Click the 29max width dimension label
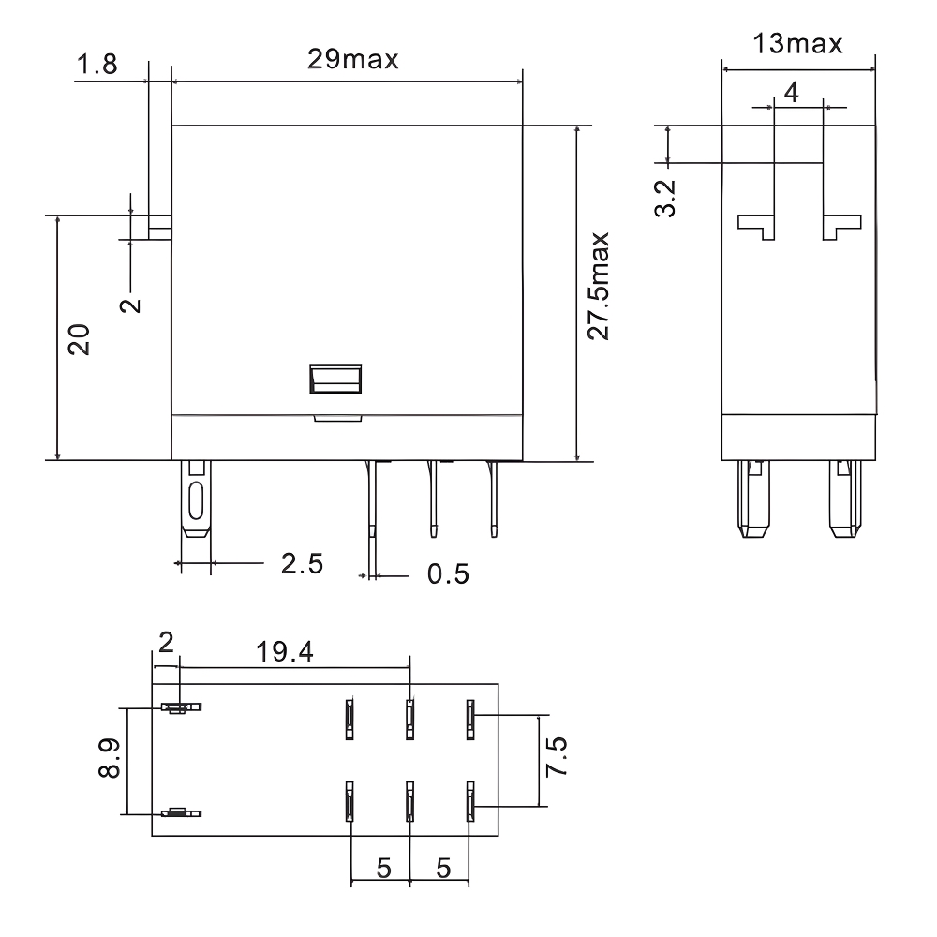[353, 59]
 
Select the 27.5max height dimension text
[601, 287]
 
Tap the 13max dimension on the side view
[798, 43]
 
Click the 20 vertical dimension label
[81, 339]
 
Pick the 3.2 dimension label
[665, 200]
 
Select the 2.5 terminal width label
[302, 563]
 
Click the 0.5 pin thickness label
[448, 573]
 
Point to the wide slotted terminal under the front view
[196, 500]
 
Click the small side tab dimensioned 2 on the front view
[159, 225]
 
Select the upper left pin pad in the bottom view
[175, 708]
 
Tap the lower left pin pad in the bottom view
[175, 813]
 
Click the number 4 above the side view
[792, 93]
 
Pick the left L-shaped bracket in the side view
[758, 226]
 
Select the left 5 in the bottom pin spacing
[383, 868]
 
